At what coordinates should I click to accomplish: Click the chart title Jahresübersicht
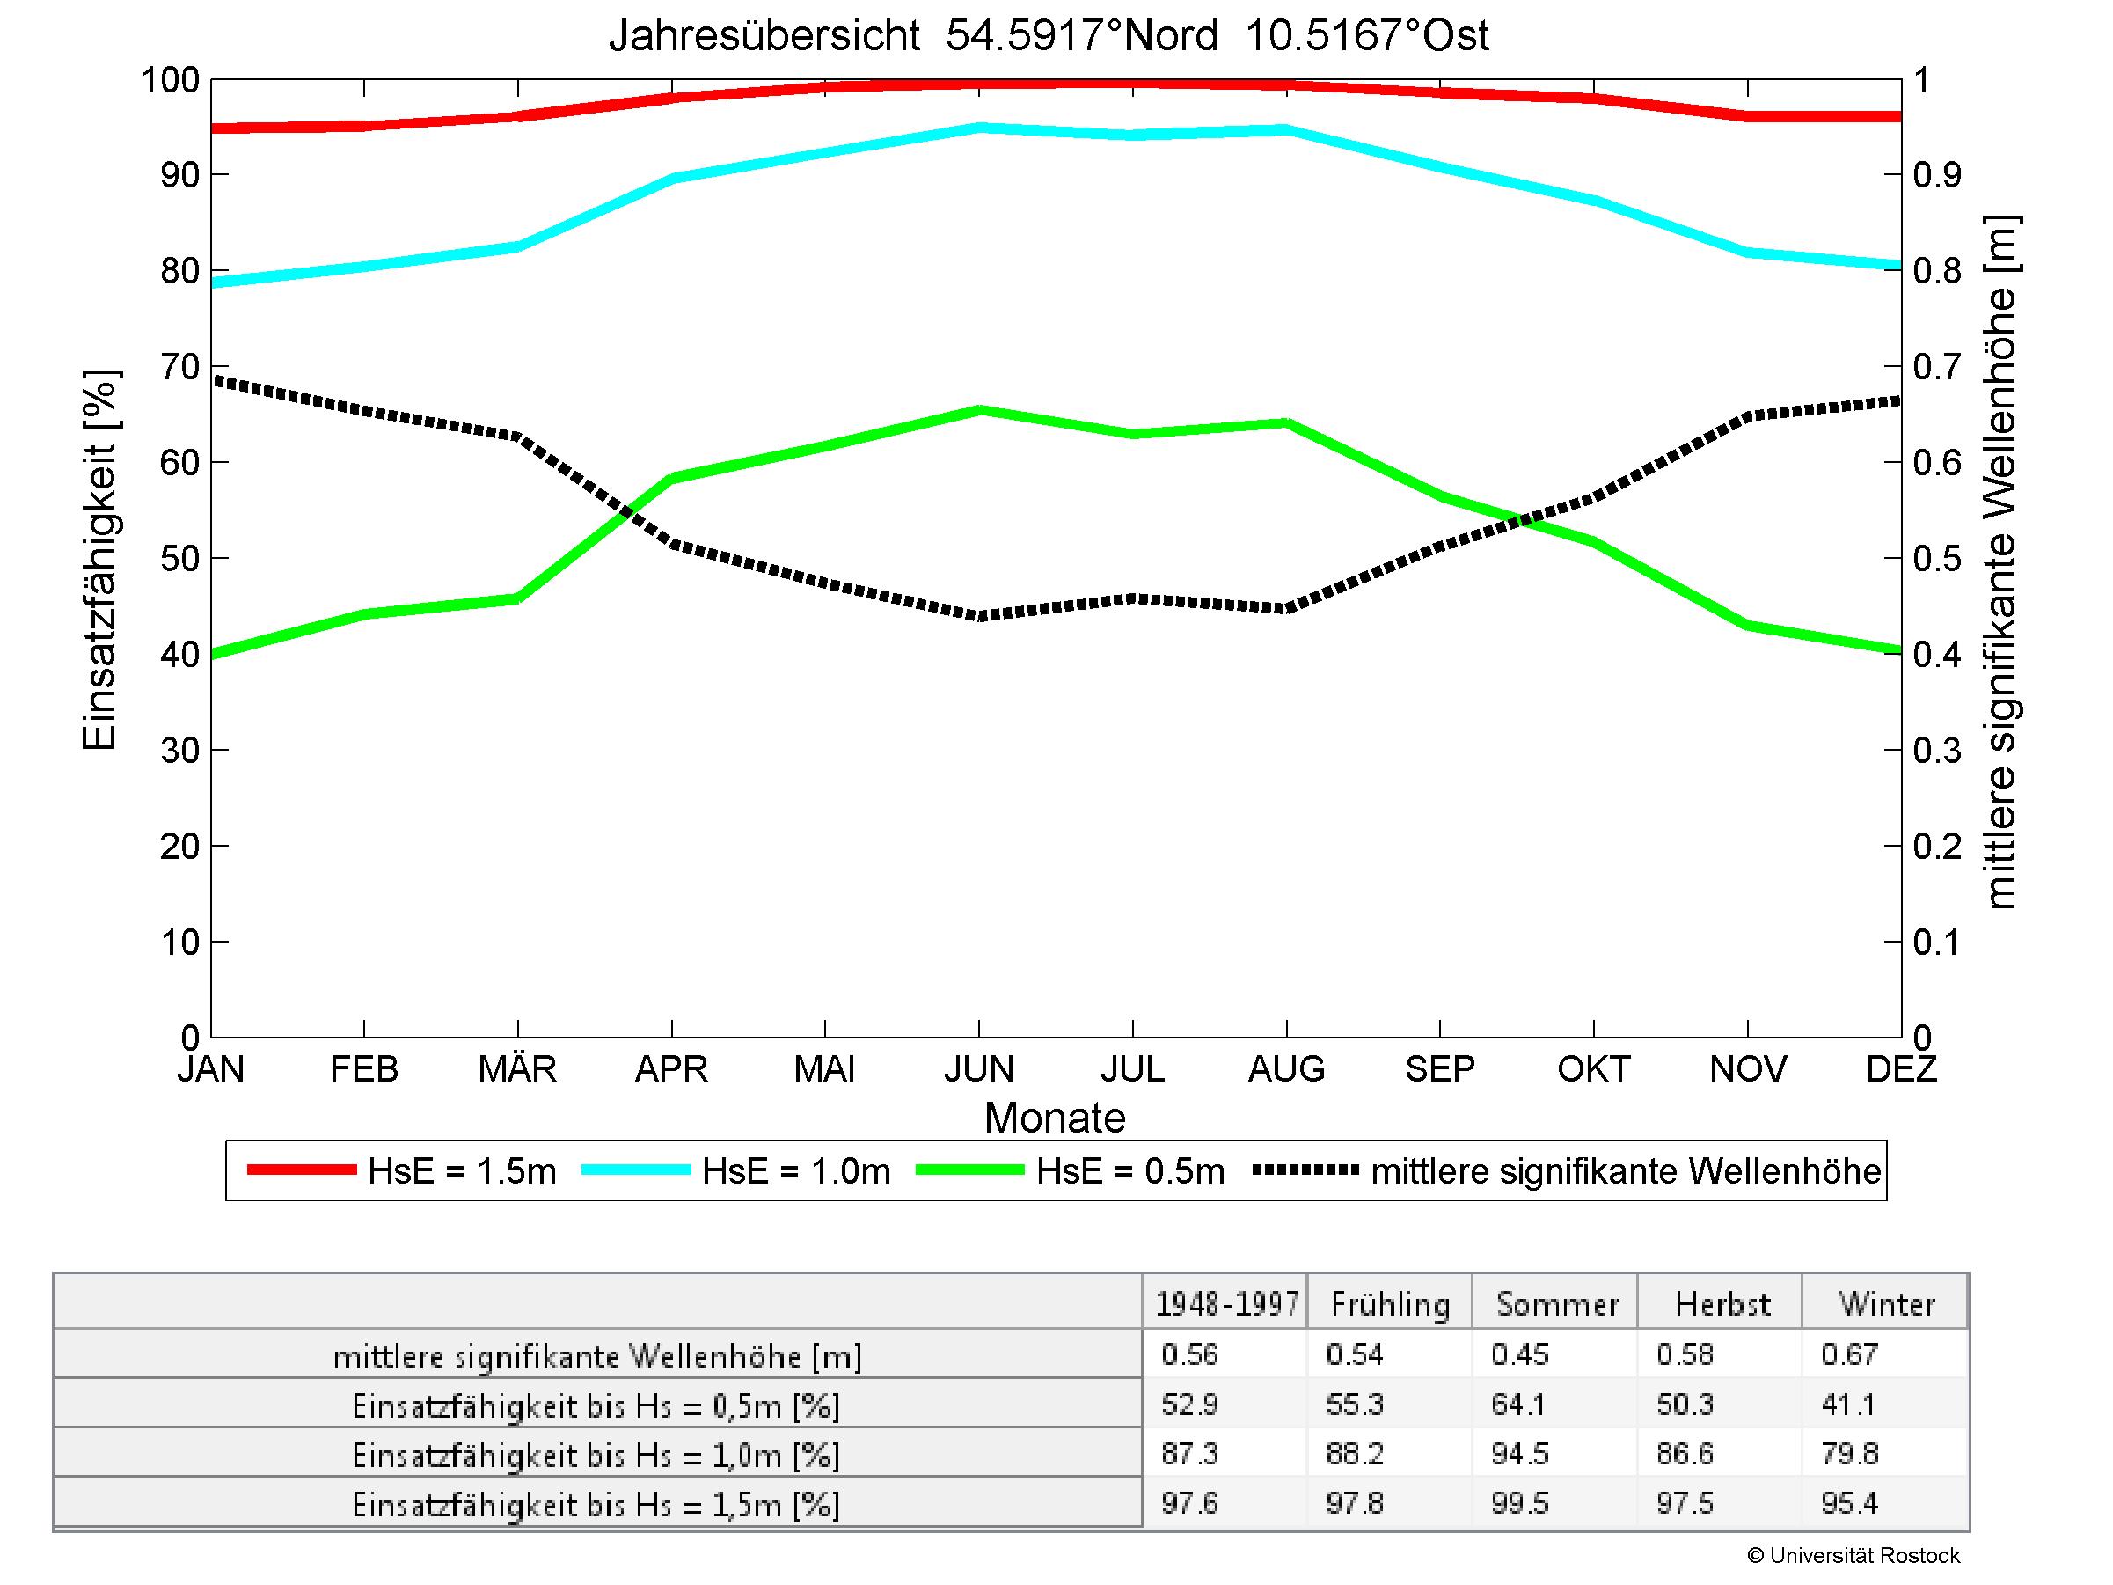(1048, 36)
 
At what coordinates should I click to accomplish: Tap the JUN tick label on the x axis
(979, 1068)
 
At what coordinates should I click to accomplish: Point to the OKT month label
(1593, 1068)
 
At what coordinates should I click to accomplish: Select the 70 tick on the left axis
(179, 367)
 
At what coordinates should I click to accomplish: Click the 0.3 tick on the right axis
(1937, 751)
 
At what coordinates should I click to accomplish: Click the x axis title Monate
(1055, 1118)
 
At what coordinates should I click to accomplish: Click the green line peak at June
(979, 411)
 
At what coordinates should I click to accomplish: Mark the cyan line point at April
(672, 179)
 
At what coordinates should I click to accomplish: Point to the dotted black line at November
(1747, 416)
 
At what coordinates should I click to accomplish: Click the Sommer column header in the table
(1557, 1304)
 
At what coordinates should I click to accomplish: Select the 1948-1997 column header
(1226, 1304)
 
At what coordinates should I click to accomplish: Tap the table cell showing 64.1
(1519, 1405)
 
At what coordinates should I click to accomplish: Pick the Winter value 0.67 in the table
(1849, 1354)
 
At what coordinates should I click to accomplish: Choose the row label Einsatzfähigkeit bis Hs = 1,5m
(596, 1505)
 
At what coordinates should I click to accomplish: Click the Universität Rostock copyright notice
(1853, 1556)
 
